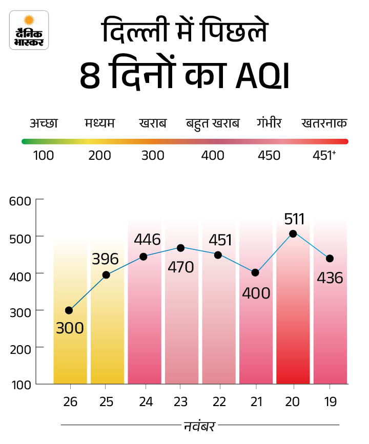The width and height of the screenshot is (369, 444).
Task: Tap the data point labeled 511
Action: [293, 234]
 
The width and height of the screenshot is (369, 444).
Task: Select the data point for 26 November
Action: [69, 310]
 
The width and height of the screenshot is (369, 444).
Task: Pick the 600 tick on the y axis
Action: [20, 200]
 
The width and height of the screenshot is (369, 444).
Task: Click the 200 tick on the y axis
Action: [20, 347]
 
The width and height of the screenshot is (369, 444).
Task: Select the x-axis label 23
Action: [181, 403]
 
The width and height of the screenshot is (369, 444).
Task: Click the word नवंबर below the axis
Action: [200, 425]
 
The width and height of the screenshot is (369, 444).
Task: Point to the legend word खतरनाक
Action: [324, 123]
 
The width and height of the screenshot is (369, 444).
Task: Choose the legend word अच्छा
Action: [44, 123]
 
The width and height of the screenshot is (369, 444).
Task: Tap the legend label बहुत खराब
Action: [213, 123]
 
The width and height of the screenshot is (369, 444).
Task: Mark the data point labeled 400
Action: [255, 272]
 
